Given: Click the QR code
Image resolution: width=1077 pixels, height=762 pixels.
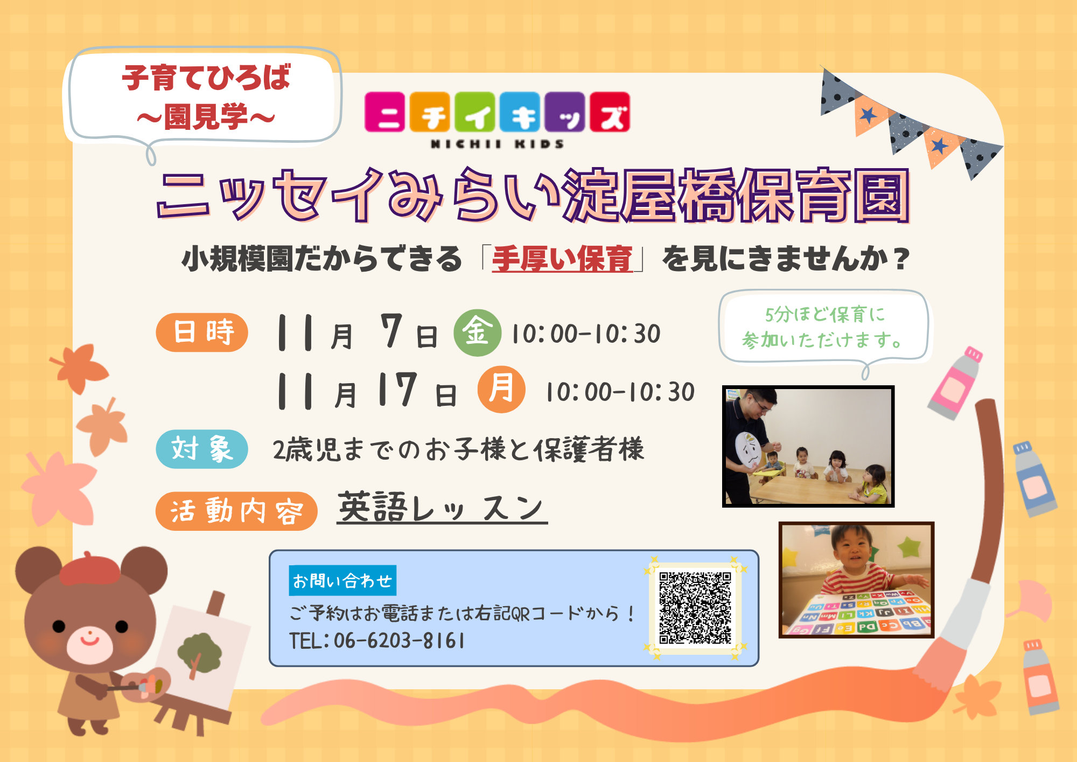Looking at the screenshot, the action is (695, 608).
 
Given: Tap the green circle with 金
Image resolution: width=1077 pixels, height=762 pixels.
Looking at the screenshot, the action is (477, 332).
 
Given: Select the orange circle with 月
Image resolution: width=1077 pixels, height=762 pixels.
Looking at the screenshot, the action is (501, 389).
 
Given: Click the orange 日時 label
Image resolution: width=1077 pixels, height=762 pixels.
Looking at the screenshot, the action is (202, 332).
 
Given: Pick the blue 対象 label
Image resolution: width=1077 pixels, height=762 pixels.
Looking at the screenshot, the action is (202, 449).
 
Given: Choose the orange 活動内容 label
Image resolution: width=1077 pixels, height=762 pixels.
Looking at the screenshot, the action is (236, 511).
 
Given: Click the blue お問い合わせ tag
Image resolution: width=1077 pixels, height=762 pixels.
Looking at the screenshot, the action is (342, 580).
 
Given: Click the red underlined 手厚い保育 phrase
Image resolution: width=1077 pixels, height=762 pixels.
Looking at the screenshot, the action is (562, 259).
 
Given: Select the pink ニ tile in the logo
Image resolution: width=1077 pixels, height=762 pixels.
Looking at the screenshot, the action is (385, 112).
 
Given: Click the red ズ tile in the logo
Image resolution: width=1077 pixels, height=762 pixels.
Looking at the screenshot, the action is (610, 112).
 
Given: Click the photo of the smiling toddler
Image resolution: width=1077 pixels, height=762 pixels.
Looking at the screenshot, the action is (856, 580).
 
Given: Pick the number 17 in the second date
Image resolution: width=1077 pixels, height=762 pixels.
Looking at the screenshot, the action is (397, 389).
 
